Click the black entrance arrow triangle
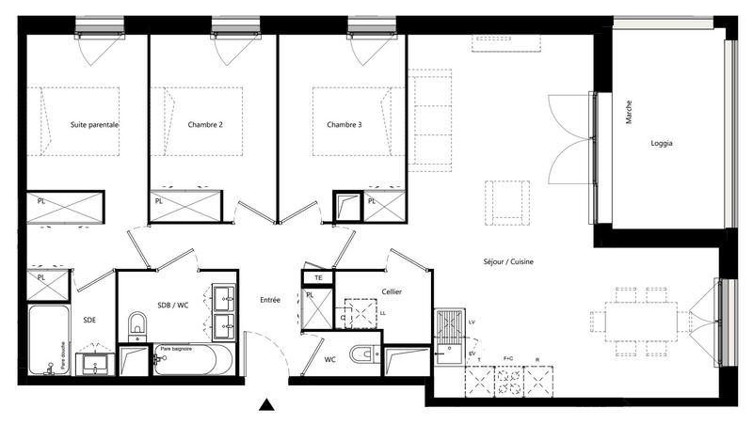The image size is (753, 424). tap(267, 406)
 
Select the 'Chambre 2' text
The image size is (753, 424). tap(205, 124)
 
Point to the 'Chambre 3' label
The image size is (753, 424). tap(344, 124)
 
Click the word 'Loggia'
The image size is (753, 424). tap(662, 143)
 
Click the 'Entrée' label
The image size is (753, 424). tap(270, 300)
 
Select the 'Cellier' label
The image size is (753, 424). tap(392, 292)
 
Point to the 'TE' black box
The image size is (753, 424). tap(318, 278)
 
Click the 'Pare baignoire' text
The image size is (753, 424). tap(177, 349)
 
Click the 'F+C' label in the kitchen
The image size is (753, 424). tap(509, 359)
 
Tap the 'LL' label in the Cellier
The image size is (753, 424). tap(381, 313)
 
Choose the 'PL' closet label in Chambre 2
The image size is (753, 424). tap(158, 200)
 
